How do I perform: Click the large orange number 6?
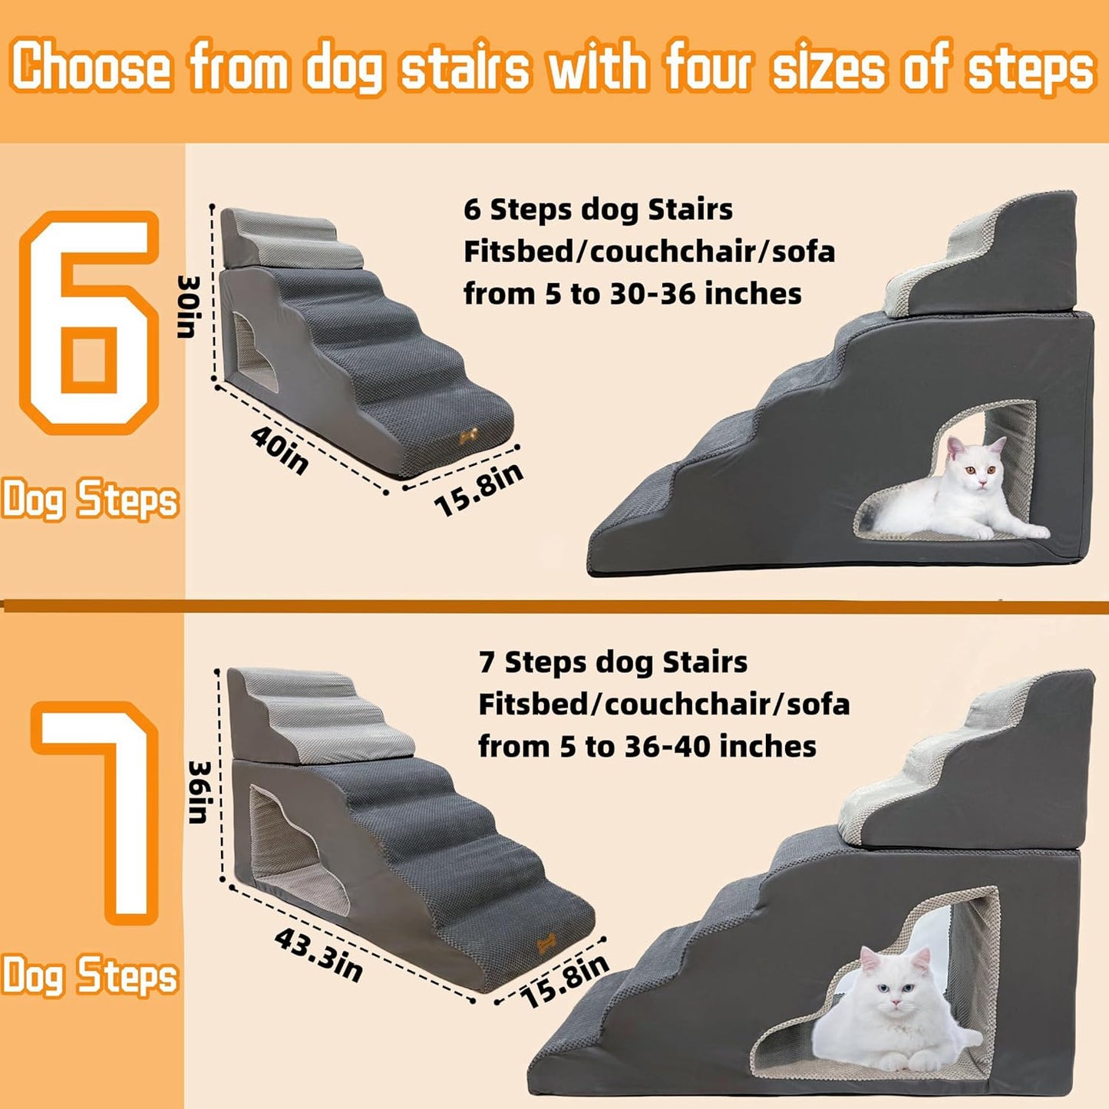pyautogui.click(x=89, y=322)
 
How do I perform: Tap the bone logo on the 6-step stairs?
pyautogui.click(x=468, y=436)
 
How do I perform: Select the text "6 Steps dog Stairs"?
pyautogui.click(x=598, y=210)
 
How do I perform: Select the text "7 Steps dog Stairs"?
pyautogui.click(x=612, y=662)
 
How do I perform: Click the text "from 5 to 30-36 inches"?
pyautogui.click(x=632, y=294)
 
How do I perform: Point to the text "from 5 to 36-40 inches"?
pyautogui.click(x=647, y=747)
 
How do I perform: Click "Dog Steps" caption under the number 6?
pyautogui.click(x=90, y=500)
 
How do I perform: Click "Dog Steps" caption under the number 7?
pyautogui.click(x=90, y=975)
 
